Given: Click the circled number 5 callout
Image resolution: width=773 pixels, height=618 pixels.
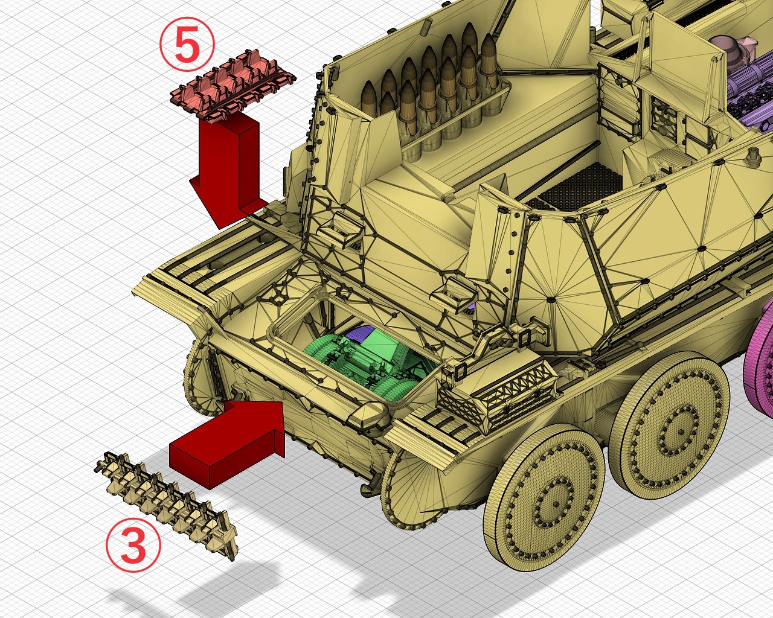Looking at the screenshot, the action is tap(187, 45).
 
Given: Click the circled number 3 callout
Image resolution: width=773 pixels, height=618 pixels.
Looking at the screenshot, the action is tap(133, 545).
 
